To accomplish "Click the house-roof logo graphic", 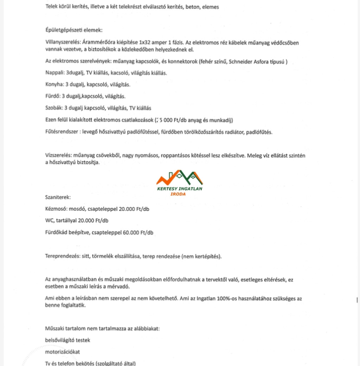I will point(180,178).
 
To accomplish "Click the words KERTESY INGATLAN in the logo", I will point(180,189).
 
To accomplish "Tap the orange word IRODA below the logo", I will point(180,194).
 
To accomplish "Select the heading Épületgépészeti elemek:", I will point(74,31).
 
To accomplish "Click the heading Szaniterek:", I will point(58,197).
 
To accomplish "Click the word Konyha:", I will point(54,85).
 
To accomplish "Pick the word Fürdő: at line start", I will point(53,96).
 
